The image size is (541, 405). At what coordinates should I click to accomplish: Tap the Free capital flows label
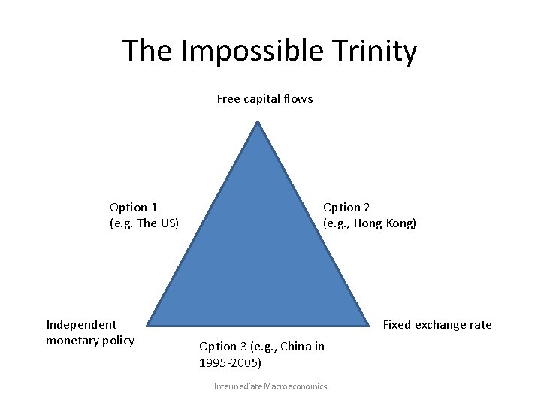click(x=264, y=98)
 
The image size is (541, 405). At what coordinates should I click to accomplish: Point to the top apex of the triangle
click(x=258, y=122)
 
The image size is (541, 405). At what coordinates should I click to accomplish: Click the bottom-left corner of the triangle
click(x=147, y=325)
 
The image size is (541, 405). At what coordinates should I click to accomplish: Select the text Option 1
click(x=133, y=207)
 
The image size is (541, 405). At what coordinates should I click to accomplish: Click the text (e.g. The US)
click(x=144, y=223)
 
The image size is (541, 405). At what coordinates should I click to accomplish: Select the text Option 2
click(x=346, y=207)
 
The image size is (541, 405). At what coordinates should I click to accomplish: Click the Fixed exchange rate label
click(x=437, y=324)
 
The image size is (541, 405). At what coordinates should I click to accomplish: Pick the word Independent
click(x=81, y=324)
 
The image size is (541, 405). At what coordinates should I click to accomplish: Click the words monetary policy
click(x=90, y=340)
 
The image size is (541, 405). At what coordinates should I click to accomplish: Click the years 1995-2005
click(x=230, y=362)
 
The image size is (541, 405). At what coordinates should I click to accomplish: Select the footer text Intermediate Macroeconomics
click(x=270, y=386)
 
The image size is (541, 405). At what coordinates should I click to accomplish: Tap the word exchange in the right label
click(x=441, y=324)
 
